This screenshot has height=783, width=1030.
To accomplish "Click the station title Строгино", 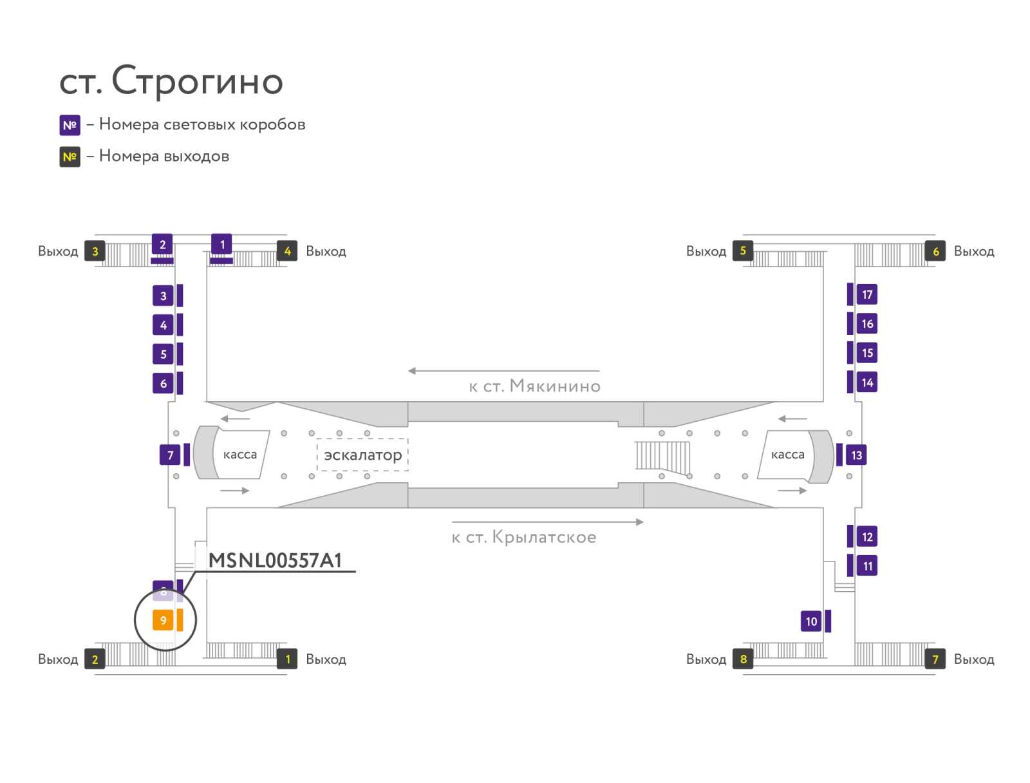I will [x=171, y=81].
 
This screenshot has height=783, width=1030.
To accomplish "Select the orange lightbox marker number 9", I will [x=163, y=620].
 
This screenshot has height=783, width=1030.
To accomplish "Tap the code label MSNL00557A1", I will [x=275, y=560].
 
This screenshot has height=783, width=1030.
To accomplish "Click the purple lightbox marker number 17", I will [x=866, y=294].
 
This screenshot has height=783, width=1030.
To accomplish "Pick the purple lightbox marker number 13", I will [x=856, y=455].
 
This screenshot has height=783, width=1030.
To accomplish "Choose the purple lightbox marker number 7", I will [x=170, y=455].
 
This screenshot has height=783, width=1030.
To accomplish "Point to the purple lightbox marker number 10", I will [x=811, y=621].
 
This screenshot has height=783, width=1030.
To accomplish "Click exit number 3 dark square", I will [x=95, y=251].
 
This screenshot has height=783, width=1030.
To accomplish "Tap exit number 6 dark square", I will [x=935, y=251].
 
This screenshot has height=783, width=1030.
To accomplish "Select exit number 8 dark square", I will [x=743, y=659].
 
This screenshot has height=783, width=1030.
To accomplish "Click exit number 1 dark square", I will [x=287, y=659].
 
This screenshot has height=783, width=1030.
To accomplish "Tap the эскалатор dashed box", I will [x=362, y=455].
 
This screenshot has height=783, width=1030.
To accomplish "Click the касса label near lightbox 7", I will [x=239, y=455].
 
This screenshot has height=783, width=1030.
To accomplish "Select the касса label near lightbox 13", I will [x=787, y=455].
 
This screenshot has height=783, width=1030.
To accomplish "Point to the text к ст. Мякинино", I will [x=534, y=386].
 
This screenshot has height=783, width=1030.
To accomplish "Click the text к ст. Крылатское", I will [x=524, y=537].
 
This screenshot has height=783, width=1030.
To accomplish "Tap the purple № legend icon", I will [x=70, y=125].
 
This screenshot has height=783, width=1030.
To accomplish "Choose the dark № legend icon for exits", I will [x=70, y=156].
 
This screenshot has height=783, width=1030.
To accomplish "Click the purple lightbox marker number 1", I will [x=222, y=245].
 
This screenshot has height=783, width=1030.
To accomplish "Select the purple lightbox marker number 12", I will [x=866, y=536].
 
